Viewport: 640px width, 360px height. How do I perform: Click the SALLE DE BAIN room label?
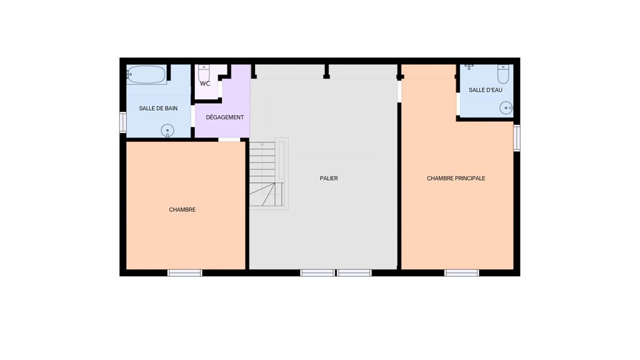click(x=158, y=109)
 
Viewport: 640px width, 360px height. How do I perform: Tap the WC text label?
click(x=205, y=84)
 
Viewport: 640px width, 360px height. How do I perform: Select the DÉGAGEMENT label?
click(x=225, y=117)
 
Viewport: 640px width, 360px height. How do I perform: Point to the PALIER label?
click(x=329, y=178)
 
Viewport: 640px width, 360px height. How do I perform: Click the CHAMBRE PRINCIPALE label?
click(x=456, y=178)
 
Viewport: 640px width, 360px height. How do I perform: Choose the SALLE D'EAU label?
click(x=485, y=90)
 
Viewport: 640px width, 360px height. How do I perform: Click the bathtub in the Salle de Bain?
click(x=146, y=74)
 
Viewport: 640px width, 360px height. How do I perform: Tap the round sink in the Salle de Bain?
click(x=167, y=131)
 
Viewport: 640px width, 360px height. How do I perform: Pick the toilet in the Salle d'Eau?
click(x=503, y=74)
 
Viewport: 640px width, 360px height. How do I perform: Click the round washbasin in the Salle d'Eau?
click(x=506, y=108)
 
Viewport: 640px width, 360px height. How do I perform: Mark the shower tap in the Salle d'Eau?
click(x=469, y=66)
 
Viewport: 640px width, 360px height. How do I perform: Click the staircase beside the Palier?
click(x=269, y=174)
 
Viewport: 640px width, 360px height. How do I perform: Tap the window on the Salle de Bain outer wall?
click(x=123, y=122)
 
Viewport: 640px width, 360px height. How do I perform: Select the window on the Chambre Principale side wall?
click(x=517, y=138)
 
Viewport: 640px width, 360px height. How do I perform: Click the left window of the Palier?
click(x=317, y=272)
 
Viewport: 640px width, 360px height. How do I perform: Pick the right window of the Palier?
click(x=354, y=272)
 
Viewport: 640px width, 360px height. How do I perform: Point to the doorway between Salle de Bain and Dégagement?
click(x=192, y=116)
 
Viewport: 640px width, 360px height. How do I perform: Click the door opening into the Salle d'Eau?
click(x=458, y=104)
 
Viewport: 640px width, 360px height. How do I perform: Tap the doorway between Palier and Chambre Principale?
click(x=399, y=91)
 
